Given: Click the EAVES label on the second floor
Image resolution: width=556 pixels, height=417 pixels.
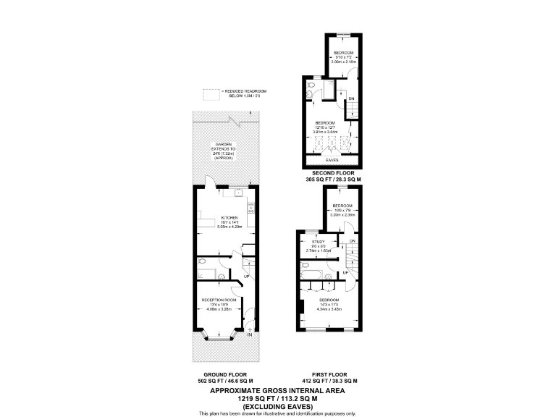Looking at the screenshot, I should pyautogui.click(x=332, y=159).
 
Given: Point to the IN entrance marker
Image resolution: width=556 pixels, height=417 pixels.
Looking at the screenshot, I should pyautogui.click(x=250, y=334).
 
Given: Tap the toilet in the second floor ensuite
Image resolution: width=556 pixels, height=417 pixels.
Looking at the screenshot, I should pyautogui.click(x=310, y=92).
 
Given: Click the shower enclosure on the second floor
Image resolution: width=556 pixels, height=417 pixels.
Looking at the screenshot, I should pyautogui.click(x=329, y=90).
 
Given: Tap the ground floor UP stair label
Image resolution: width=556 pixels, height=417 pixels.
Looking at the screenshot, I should pyautogui.click(x=247, y=277).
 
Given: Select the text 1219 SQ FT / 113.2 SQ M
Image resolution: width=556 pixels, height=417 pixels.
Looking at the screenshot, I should pyautogui.click(x=278, y=397).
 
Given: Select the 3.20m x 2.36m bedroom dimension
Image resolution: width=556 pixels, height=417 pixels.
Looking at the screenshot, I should pyautogui.click(x=342, y=215).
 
